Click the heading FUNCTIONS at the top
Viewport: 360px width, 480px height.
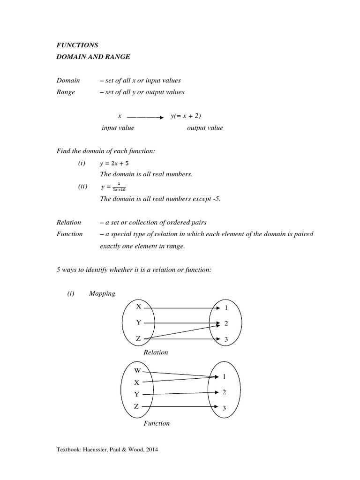point(77,45)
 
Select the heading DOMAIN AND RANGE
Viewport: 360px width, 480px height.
point(90,57)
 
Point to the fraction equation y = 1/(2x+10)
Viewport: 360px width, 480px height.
point(114,187)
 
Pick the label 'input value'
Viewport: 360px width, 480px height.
point(118,128)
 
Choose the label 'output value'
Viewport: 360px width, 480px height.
point(205,128)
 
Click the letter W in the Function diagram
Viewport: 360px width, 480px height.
point(137,371)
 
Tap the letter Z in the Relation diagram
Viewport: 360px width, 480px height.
point(138,338)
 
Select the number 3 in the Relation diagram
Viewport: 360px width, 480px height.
point(226,340)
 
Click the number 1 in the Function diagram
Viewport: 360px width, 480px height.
point(225,376)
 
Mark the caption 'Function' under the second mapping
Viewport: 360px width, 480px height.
point(157,423)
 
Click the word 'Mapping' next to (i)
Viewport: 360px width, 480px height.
point(102,293)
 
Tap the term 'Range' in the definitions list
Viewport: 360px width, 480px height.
point(66,92)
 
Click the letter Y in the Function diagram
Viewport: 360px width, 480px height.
point(137,394)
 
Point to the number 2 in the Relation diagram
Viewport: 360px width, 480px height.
point(226,324)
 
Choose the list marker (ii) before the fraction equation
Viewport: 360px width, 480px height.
point(83,187)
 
